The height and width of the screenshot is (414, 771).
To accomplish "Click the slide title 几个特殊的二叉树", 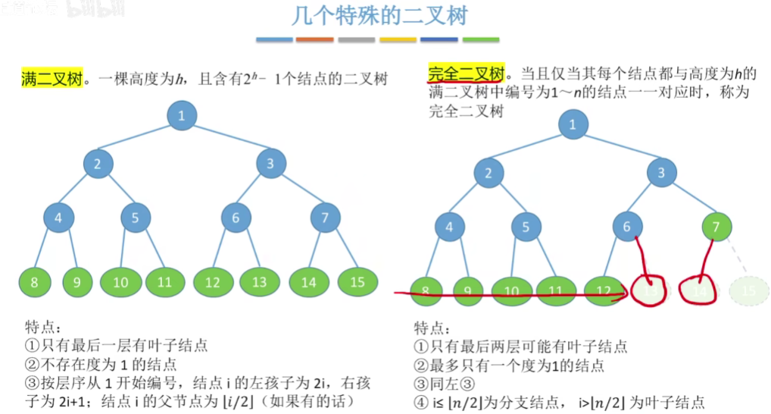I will point(379,16).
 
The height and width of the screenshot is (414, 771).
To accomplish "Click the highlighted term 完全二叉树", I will point(466,74).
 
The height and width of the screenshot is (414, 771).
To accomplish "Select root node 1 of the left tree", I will point(182,116).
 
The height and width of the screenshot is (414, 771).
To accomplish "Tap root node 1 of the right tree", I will point(573,124).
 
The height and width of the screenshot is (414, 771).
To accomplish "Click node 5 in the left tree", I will point(136,218).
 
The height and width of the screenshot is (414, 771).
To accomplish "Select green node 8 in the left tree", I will point(35,283).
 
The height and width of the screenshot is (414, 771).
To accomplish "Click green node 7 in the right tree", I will point(716,226).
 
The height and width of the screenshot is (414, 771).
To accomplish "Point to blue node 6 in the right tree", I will point(627,226).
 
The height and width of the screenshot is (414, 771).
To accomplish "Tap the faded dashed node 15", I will point(748,290).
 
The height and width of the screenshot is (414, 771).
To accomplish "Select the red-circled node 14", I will point(700,290).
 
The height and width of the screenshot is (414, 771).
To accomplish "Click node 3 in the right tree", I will point(661,174).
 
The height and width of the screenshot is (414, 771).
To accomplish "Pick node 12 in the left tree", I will point(213,283).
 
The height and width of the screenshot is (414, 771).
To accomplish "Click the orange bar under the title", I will point(315,39).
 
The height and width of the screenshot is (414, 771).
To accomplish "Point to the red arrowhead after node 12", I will point(623,293).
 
